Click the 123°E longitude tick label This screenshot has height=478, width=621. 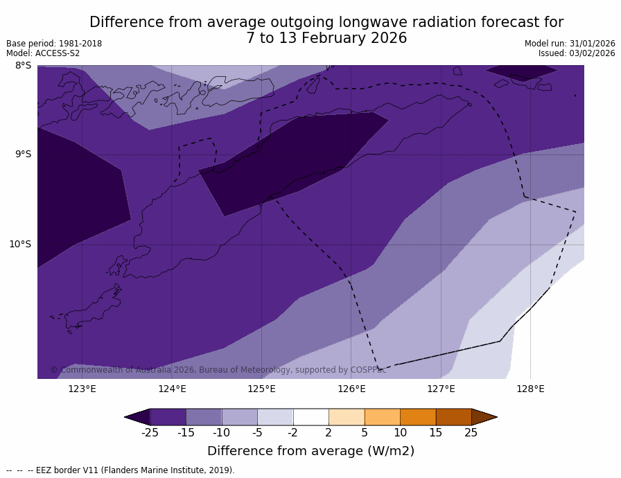[82, 389]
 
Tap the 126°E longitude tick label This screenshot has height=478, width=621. [351, 389]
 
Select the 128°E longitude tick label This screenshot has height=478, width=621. [530, 389]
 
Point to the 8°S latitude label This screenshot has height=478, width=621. [23, 66]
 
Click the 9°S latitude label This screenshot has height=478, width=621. [23, 154]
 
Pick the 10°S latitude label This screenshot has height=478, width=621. [20, 244]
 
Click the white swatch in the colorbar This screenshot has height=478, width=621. [310, 417]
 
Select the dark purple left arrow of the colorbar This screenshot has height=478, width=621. [137, 417]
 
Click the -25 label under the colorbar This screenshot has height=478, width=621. [150, 433]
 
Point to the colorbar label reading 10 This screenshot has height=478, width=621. [400, 433]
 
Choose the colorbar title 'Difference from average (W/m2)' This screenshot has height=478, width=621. [310, 451]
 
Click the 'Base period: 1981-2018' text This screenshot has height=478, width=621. [54, 44]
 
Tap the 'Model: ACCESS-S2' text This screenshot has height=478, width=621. [43, 53]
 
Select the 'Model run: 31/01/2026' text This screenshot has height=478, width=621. [570, 44]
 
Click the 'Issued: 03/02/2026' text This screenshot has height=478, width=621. [577, 53]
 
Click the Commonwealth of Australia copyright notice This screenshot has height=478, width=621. [218, 370]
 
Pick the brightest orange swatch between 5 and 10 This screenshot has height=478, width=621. [382, 417]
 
